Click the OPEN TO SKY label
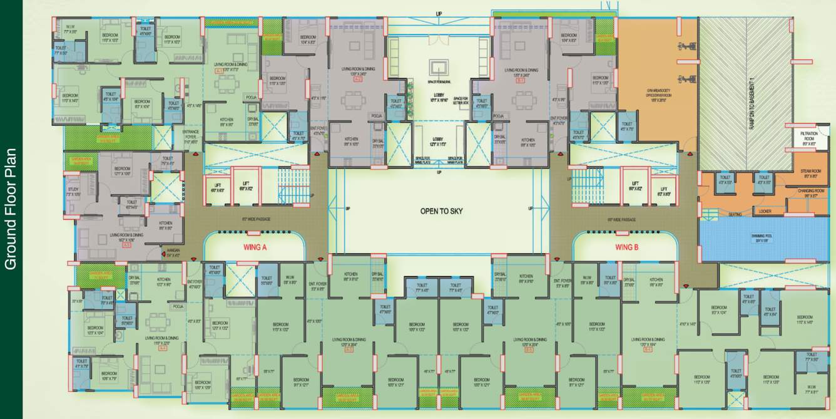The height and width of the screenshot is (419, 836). pyautogui.click(x=441, y=212)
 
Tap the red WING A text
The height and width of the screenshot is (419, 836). pyautogui.click(x=255, y=247)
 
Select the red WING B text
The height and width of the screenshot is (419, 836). pyautogui.click(x=627, y=247)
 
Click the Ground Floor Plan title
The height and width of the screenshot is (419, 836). pyautogui.click(x=11, y=209)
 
